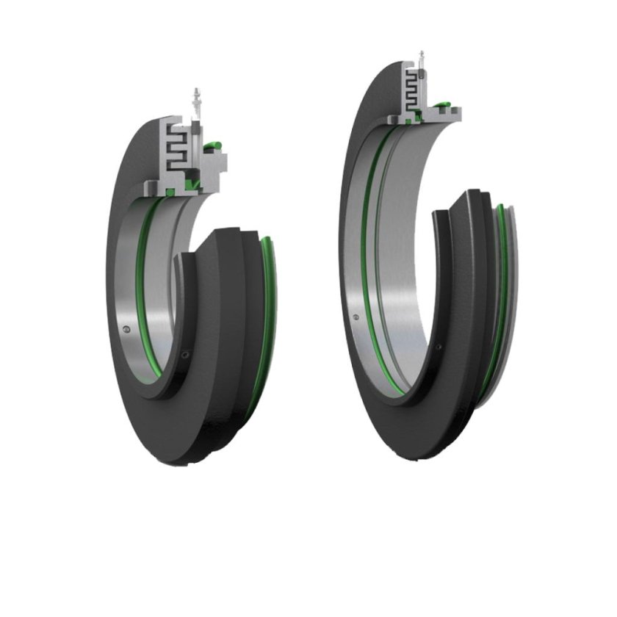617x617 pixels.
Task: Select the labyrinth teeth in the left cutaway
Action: click(176, 145)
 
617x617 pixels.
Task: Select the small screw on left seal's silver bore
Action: click(129, 330)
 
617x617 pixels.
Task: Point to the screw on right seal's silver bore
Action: click(356, 318)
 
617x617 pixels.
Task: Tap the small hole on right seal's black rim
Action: click(439, 345)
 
